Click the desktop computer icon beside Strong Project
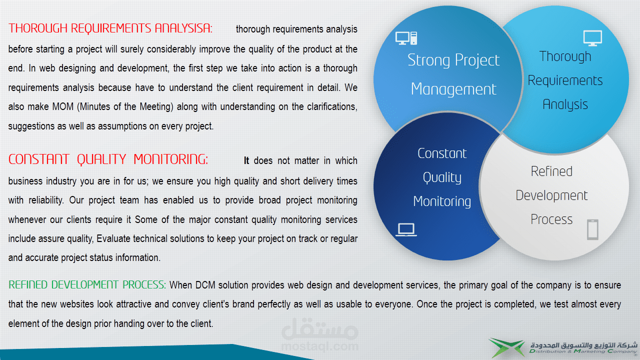tap(406, 38)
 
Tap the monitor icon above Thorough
tap(592, 38)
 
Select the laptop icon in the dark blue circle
tap(406, 229)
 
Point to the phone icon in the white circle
tap(592, 229)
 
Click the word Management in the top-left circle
tap(453, 89)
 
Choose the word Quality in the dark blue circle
tap(442, 177)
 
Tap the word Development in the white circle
tap(551, 196)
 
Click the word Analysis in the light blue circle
tap(565, 105)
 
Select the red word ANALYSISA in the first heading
tap(183, 28)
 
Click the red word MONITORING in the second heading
tap(171, 159)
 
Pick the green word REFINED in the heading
tap(27, 285)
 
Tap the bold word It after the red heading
tap(246, 160)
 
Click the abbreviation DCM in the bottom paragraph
tap(205, 285)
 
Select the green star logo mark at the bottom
tap(507, 347)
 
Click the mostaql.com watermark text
tap(319, 346)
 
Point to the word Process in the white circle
tap(551, 219)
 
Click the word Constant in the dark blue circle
tap(442, 153)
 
